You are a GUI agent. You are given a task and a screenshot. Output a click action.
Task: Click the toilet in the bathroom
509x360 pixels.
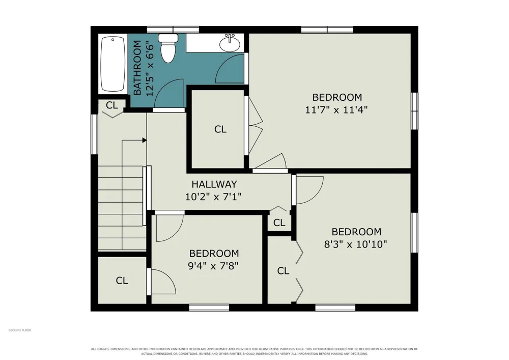tap(168, 48)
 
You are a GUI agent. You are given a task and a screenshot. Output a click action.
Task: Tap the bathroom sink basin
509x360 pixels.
tap(230, 43)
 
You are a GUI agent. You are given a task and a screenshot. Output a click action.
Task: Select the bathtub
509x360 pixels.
tap(113, 64)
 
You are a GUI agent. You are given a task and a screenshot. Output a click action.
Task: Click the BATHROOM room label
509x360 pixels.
tap(137, 68)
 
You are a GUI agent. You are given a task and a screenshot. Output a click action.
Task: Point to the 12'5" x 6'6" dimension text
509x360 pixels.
tap(150, 68)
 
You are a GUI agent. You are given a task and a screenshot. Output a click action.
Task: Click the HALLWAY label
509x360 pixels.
tap(214, 184)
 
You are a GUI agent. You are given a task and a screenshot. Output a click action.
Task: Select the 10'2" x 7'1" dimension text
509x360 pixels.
tap(213, 197)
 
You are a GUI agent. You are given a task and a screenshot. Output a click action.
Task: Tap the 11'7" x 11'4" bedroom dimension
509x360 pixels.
tap(336, 109)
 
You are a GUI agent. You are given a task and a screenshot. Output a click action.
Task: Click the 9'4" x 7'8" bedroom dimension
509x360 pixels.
tap(213, 266)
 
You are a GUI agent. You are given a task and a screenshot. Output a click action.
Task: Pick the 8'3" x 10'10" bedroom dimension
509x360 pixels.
tap(356, 244)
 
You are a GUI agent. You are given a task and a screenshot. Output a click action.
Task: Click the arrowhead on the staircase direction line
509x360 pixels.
tap(145, 140)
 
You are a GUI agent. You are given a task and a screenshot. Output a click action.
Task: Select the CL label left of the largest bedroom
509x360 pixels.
tap(220, 129)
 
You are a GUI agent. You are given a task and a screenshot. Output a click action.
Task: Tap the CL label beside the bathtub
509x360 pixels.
tap(111, 105)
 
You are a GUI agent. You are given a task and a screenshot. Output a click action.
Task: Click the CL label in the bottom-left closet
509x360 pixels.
tap(122, 281)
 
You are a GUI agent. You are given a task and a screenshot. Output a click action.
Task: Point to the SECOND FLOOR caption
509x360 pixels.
tap(20, 330)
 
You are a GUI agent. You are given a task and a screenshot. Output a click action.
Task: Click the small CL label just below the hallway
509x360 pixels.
tap(279, 223)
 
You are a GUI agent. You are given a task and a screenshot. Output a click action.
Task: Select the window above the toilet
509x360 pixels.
tap(173, 30)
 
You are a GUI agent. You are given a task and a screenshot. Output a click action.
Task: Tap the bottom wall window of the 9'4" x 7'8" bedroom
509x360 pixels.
tap(209, 308)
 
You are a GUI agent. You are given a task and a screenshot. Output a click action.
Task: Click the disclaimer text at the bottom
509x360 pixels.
tap(254, 351)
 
